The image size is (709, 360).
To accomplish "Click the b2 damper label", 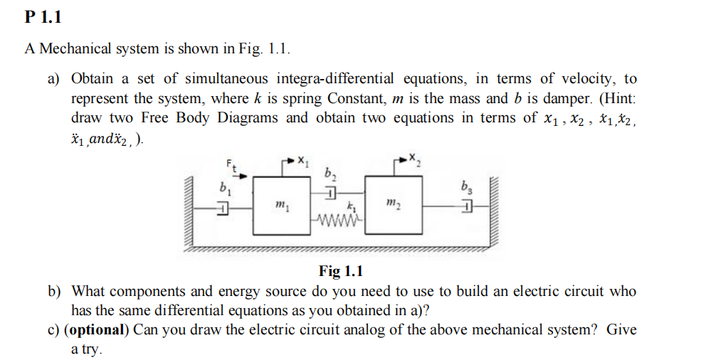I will coord(330,174).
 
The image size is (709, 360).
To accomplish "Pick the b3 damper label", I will coord(467,190).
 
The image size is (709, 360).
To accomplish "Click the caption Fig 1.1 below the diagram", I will coord(340,271).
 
